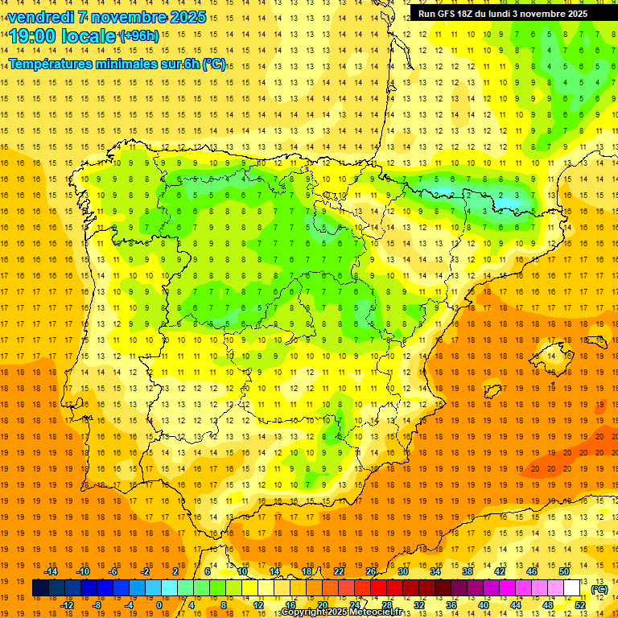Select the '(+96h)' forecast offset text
[139, 35]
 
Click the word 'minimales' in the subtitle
[121, 64]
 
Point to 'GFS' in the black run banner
[448, 14]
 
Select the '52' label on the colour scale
[580, 605]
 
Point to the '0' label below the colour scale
[159, 605]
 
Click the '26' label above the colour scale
[371, 571]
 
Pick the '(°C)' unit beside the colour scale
[599, 589]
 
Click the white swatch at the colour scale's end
[572, 589]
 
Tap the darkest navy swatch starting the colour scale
[40, 589]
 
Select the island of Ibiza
[492, 391]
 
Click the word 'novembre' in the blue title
[130, 17]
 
